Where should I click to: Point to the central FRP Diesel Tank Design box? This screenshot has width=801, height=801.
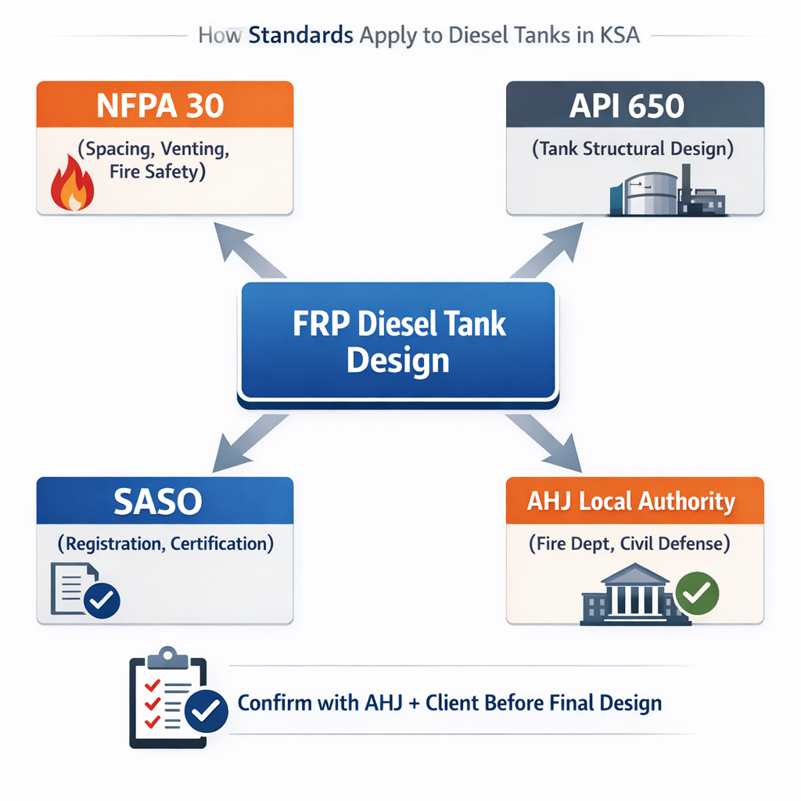pyautogui.click(x=398, y=341)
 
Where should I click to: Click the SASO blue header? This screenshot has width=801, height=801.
pyautogui.click(x=164, y=501)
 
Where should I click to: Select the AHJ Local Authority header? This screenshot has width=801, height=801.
pyautogui.click(x=634, y=501)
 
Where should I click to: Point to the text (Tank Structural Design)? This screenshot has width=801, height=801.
pyautogui.click(x=634, y=149)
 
